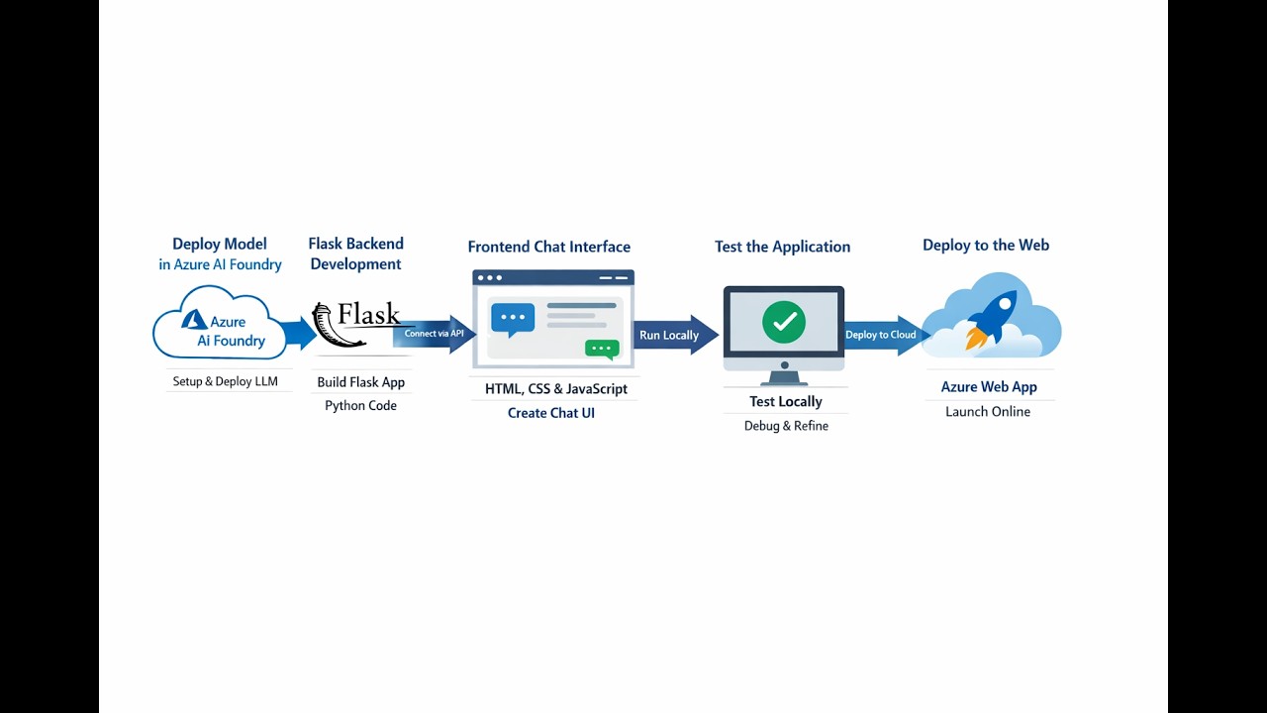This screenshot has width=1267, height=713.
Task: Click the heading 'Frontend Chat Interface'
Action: tap(548, 247)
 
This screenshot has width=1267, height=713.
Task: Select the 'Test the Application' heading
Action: tap(782, 247)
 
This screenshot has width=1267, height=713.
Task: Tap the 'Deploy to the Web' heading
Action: tap(985, 245)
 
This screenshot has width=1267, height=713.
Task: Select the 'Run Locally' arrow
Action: tap(673, 335)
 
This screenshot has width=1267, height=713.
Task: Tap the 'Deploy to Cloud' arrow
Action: tap(883, 335)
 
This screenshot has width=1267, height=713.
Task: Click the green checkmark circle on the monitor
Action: tap(784, 322)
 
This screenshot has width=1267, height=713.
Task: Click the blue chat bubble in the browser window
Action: tap(512, 318)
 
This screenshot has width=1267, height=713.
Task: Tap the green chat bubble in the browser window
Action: tap(602, 349)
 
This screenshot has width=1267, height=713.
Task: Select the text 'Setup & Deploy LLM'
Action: tap(225, 381)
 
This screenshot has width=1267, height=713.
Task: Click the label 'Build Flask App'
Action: tap(360, 382)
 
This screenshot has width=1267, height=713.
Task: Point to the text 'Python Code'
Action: tap(360, 405)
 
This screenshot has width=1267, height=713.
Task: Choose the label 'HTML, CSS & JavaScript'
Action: tap(555, 389)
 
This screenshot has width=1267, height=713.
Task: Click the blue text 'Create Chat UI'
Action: tap(551, 413)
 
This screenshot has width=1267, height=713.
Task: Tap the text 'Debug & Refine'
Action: tap(786, 426)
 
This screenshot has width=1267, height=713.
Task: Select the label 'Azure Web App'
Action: tap(988, 387)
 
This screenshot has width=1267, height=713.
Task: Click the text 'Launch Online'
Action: tap(988, 411)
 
